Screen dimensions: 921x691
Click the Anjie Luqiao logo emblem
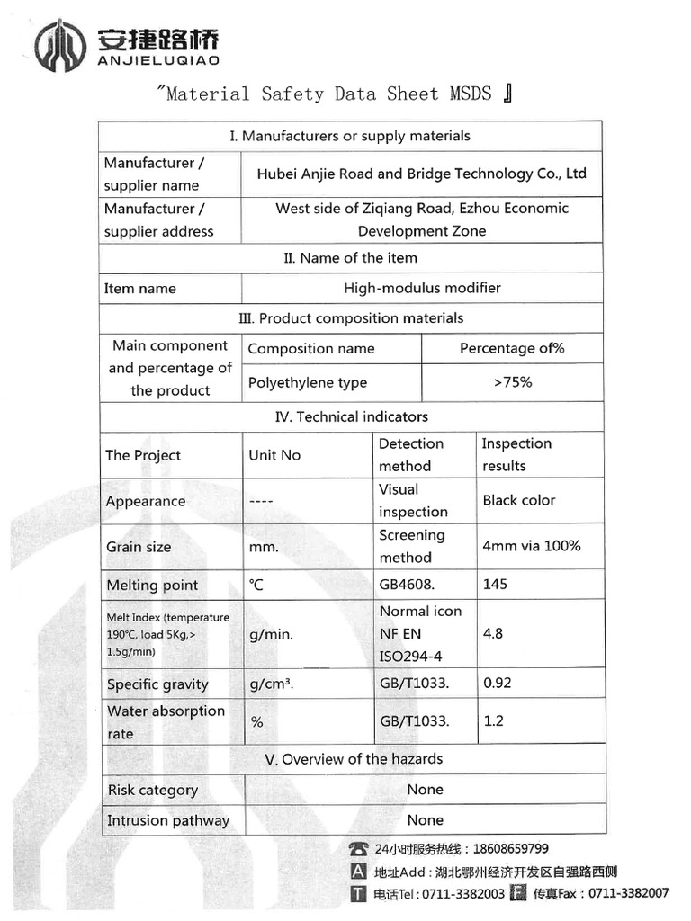[x=60, y=45]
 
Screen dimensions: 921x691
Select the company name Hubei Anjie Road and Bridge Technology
[x=421, y=174]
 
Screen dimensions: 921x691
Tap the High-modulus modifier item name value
[x=422, y=288]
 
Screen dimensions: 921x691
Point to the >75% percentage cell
[x=512, y=382]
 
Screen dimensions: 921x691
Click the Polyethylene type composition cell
[x=308, y=383]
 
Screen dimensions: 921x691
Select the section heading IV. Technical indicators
[x=351, y=416]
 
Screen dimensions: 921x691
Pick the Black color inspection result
[x=518, y=500]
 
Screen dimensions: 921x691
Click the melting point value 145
[x=495, y=584]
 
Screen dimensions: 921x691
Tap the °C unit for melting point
[x=256, y=585]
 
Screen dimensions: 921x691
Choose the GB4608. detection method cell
[x=407, y=585]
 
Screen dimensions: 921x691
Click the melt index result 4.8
[x=492, y=633]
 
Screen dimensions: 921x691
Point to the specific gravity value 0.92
[x=497, y=683]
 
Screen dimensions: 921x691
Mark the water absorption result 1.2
[x=493, y=720]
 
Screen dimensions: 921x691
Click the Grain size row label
[x=139, y=547]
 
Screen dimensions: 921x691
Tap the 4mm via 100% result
[x=531, y=545]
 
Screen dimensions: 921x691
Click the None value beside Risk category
[x=425, y=790]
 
